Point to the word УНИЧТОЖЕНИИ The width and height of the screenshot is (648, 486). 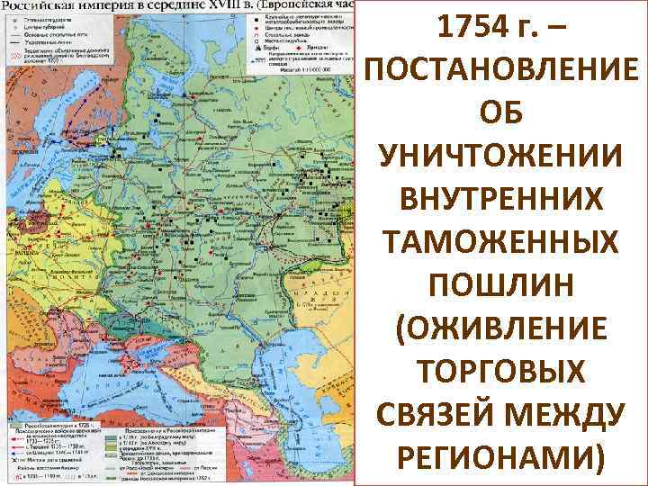click(502, 161)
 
